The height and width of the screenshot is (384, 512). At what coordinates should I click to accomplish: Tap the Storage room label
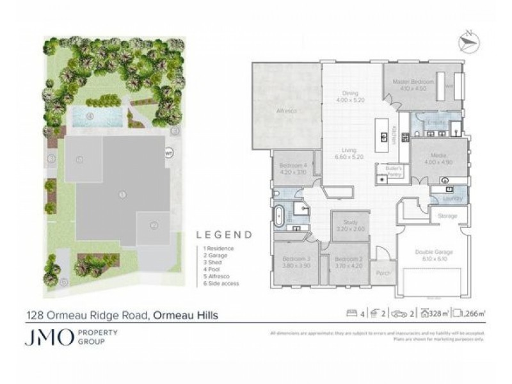pyautogui.click(x=447, y=216)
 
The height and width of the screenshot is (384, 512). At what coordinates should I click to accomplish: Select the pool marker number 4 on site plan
pyautogui.click(x=90, y=116)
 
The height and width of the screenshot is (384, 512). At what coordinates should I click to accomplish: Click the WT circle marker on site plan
pyautogui.click(x=169, y=153)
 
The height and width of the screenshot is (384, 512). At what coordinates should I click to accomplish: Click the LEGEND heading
pyautogui.click(x=223, y=235)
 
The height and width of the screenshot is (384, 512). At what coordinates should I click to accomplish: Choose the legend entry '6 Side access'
pyautogui.click(x=218, y=283)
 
